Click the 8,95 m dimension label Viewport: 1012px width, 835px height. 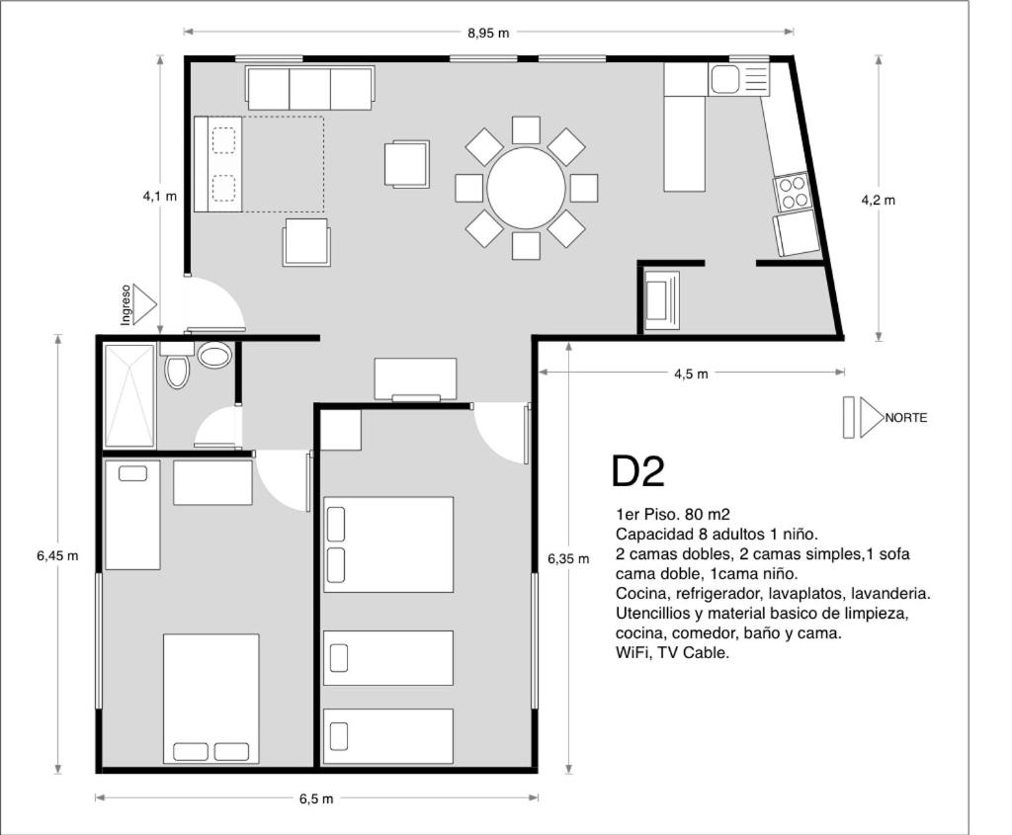tap(488, 33)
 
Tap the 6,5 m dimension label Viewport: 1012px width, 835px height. tap(316, 798)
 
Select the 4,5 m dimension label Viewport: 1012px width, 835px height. tap(691, 374)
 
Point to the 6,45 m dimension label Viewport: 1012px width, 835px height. tap(57, 555)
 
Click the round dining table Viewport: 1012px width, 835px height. tap(526, 188)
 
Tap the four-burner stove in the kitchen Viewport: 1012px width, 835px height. tap(793, 193)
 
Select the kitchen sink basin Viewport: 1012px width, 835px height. tap(725, 80)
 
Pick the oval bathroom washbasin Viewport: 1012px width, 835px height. tap(214, 355)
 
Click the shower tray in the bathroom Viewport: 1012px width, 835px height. tap(129, 396)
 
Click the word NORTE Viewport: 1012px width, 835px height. tap(906, 418)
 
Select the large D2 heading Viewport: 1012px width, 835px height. tap(637, 471)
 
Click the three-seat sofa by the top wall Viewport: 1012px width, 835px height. tap(309, 87)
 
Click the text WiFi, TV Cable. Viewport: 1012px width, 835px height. tap(672, 652)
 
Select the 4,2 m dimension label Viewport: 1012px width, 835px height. tap(879, 200)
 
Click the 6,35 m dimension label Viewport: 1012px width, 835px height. tap(568, 559)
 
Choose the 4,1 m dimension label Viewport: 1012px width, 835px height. tap(159, 197)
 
